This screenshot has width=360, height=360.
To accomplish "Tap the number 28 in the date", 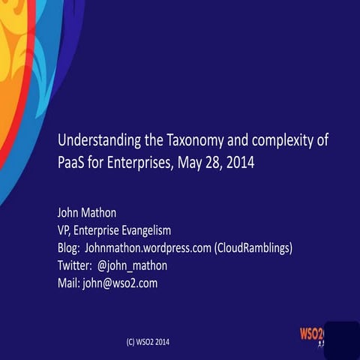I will point(210,162).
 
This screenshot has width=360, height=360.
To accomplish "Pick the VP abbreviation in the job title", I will point(64,230).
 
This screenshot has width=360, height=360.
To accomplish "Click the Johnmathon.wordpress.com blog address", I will point(148,247).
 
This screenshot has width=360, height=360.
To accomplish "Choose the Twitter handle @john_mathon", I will point(132,265).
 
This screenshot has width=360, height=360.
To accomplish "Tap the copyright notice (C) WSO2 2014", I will point(148,341).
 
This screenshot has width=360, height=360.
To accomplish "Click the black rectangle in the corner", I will point(340,340).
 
